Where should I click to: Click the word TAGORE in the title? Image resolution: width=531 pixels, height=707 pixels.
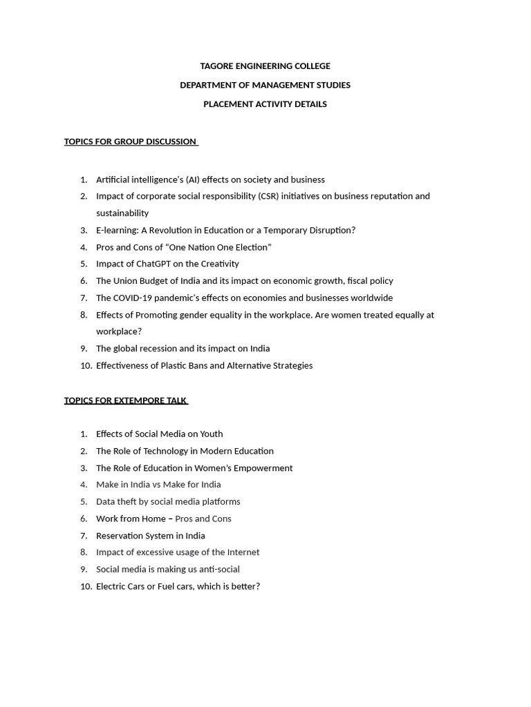pyautogui.click(x=215, y=66)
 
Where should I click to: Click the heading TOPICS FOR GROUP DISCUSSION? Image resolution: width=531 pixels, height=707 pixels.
pyautogui.click(x=130, y=142)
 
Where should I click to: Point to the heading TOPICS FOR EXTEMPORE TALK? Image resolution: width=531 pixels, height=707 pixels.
pyautogui.click(x=125, y=400)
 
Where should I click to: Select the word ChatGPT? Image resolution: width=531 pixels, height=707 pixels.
pyautogui.click(x=153, y=264)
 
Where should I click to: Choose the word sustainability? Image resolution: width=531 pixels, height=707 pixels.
pyautogui.click(x=122, y=213)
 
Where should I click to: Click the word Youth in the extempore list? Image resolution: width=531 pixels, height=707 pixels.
pyautogui.click(x=211, y=434)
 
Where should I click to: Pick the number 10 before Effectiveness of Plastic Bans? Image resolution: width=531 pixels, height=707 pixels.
pyautogui.click(x=86, y=366)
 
